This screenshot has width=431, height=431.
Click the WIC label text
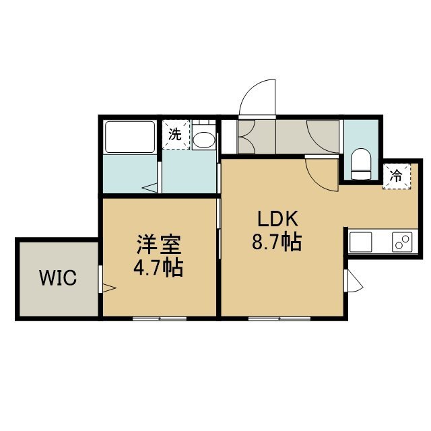point(58,277)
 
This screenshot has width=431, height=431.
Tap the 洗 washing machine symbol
point(176,135)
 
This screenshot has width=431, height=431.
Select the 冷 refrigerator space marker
point(397,176)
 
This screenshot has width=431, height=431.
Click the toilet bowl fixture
point(361,164)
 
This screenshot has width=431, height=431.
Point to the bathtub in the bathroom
point(130,137)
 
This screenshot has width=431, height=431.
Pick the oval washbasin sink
point(203,139)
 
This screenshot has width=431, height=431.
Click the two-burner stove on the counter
point(402,242)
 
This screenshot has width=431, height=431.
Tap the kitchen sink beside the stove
point(361,242)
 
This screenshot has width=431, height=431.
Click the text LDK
point(277,219)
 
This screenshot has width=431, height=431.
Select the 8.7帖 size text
point(277,242)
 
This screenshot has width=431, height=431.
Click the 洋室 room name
point(159,244)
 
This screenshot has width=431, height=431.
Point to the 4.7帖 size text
point(158,267)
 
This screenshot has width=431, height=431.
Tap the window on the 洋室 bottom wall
point(160,319)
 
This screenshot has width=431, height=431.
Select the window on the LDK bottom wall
point(279,319)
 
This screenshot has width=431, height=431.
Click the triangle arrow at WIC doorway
point(109,288)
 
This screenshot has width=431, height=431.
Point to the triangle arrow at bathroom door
point(150,189)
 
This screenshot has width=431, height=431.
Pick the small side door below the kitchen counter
point(353,281)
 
